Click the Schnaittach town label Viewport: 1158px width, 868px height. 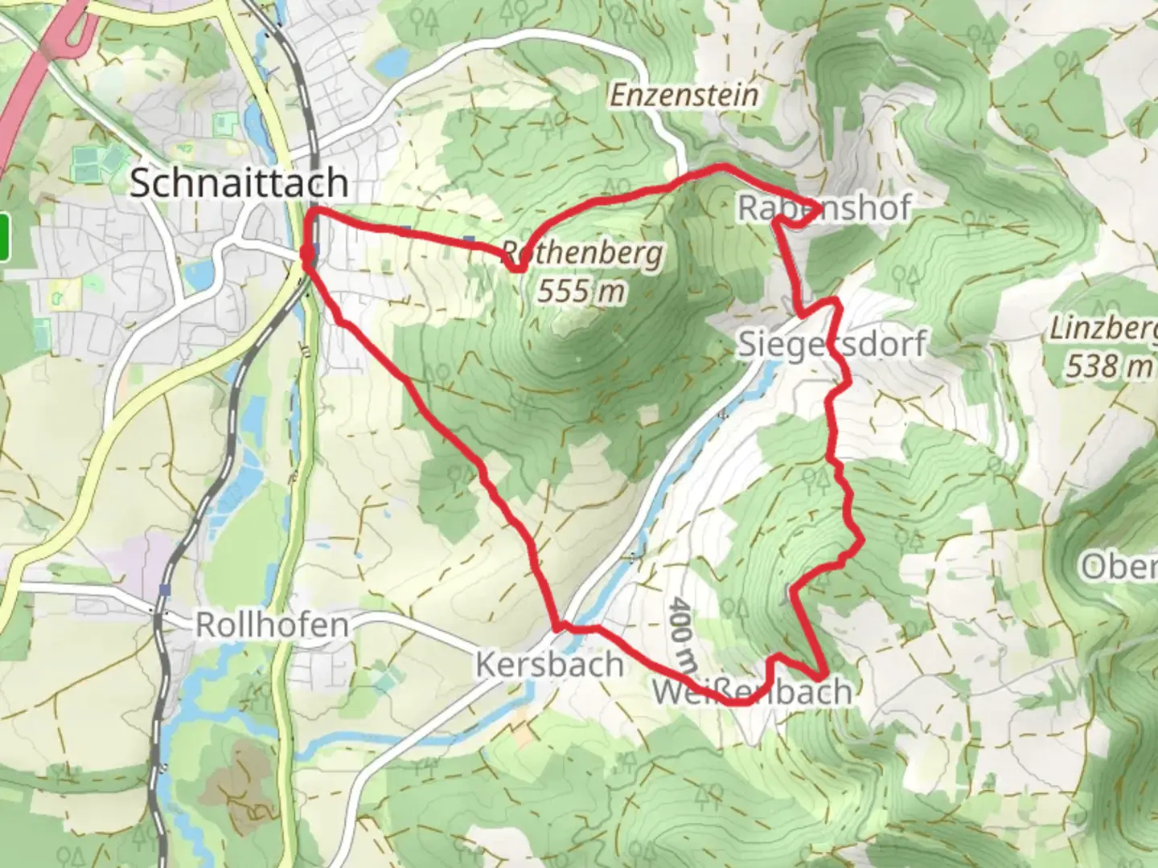click(239, 183)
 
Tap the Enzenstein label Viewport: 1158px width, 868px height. click(684, 95)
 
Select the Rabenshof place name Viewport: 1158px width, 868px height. click(824, 208)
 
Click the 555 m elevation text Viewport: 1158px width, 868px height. click(581, 290)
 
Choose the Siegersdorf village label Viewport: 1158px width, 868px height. click(832, 344)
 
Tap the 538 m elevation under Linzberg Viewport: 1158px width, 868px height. click(1108, 366)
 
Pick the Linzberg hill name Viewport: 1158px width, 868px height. click(1103, 330)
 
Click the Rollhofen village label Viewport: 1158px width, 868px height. click(273, 624)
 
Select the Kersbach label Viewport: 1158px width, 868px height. click(549, 665)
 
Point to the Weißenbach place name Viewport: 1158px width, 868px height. click(751, 691)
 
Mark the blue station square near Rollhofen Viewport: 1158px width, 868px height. click(164, 590)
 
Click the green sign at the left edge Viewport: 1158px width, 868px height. click(4, 237)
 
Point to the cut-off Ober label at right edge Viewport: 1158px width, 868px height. click(1119, 567)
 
